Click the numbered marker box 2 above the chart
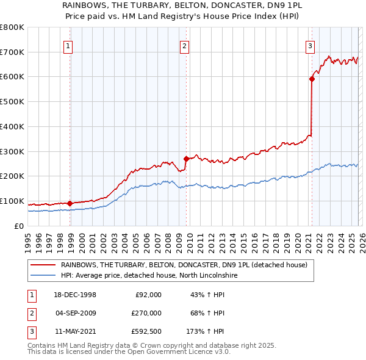point(184,45)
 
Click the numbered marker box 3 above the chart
point(310,45)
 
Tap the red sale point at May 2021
point(312,78)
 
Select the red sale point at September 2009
point(186,159)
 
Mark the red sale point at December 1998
point(70,203)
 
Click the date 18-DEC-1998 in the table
point(75,295)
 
